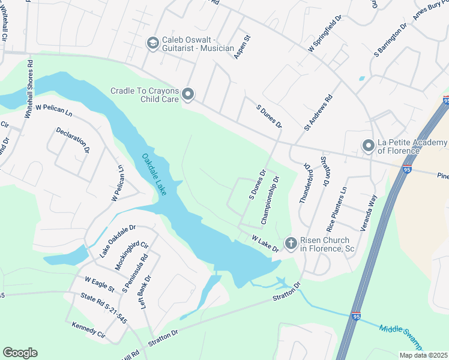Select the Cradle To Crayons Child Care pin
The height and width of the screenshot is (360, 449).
tap(188, 95)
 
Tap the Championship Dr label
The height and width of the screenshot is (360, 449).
tap(268, 197)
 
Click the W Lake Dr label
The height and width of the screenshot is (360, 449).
tap(265, 244)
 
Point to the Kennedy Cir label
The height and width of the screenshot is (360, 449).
tap(88, 331)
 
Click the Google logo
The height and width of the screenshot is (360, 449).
tap(20, 353)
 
